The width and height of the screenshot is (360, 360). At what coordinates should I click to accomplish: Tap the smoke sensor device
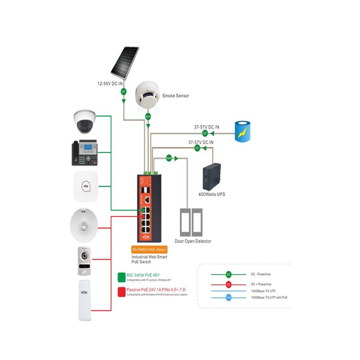click(x=148, y=95)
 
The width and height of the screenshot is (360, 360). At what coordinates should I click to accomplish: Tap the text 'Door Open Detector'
click(x=193, y=241)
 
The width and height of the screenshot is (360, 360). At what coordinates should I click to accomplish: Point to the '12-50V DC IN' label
click(x=111, y=84)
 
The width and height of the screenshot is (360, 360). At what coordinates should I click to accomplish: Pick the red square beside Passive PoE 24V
click(x=121, y=291)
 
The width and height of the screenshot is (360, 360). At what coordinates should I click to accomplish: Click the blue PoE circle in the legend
click(x=229, y=297)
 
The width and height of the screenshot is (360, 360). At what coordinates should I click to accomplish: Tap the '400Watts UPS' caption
click(x=212, y=194)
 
